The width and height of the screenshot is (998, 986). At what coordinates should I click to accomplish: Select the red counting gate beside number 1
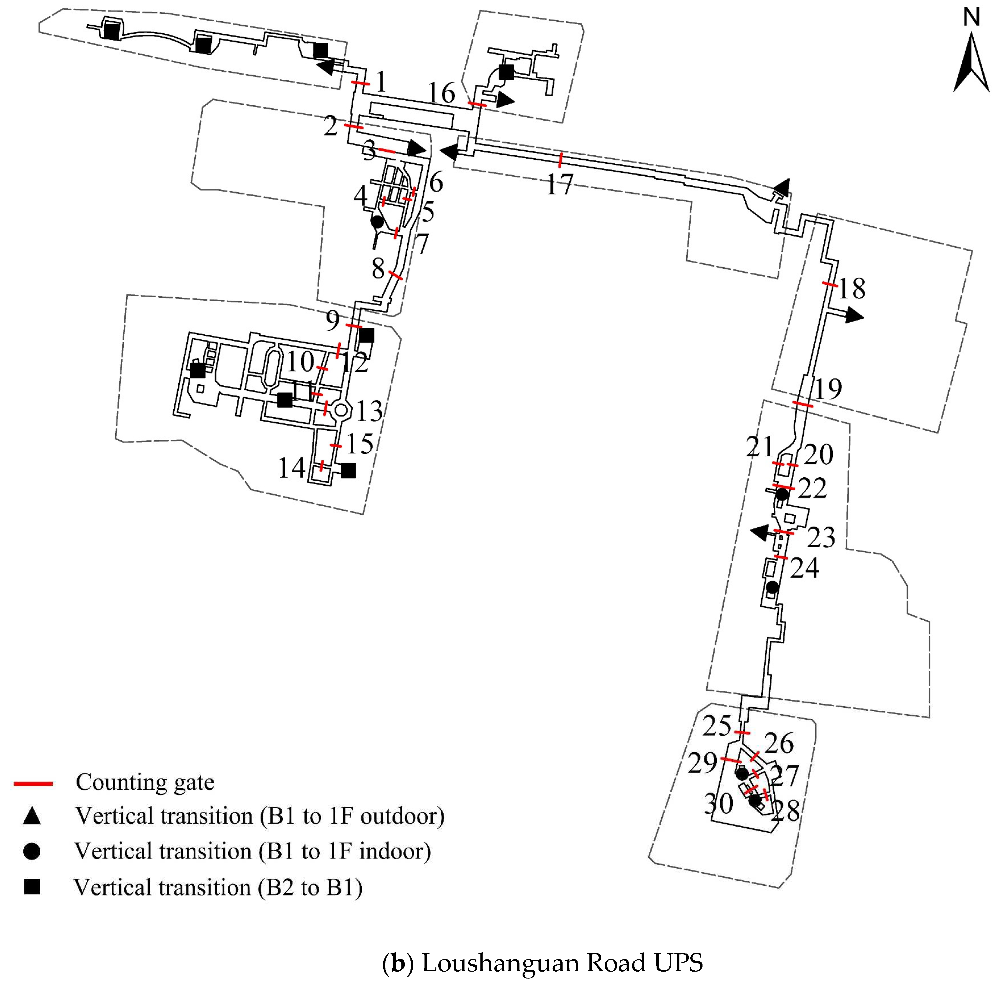coord(360,83)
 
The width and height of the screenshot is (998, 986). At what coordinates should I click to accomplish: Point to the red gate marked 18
coord(830,284)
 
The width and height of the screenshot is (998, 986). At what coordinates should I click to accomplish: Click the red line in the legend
coord(33,784)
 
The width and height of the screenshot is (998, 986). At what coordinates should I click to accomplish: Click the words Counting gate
coord(145,782)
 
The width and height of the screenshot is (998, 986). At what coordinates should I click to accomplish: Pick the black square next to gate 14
coord(348,470)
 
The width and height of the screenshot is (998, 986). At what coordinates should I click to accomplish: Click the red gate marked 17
coord(560,160)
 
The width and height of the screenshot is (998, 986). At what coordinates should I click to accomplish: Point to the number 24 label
coord(804,568)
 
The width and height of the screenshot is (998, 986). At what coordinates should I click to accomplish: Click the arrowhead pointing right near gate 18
coord(855,316)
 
